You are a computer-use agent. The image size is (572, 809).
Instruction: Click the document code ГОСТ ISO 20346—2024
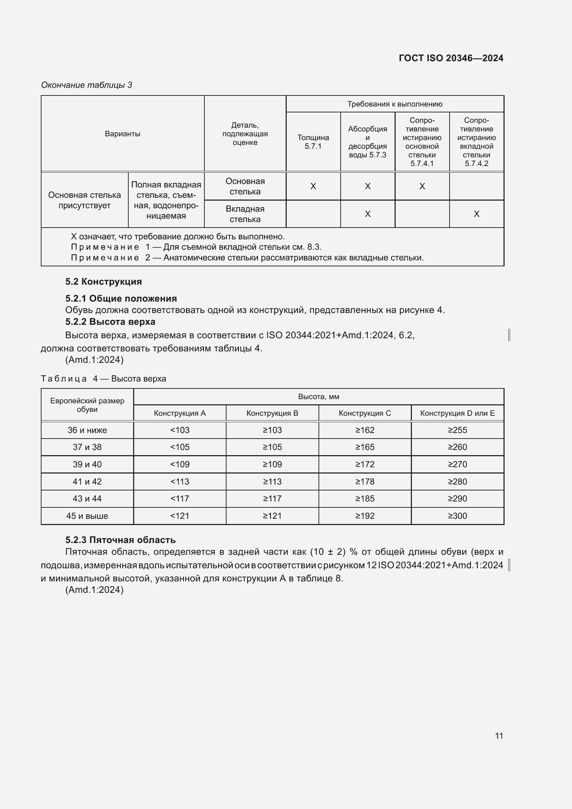tap(451, 58)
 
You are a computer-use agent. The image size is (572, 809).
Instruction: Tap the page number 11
tap(499, 736)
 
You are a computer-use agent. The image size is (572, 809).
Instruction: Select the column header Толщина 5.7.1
tap(313, 142)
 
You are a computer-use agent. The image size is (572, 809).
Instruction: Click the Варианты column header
tap(122, 134)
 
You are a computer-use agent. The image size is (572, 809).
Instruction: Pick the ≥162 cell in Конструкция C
tap(365, 430)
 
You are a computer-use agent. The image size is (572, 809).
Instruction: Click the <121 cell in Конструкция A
tap(179, 516)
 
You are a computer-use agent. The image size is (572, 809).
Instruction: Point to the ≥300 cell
tap(457, 516)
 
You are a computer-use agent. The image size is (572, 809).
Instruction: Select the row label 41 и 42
tap(87, 481)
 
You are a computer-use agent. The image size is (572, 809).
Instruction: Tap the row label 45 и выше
tap(87, 516)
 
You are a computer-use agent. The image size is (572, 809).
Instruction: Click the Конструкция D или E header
tap(457, 413)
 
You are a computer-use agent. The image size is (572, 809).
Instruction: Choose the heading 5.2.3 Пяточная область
tap(120, 540)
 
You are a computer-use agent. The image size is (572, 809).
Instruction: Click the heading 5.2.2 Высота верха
tap(110, 322)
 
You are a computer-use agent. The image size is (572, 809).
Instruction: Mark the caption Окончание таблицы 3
tap(86, 85)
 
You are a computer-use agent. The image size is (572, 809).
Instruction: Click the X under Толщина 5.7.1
tap(313, 186)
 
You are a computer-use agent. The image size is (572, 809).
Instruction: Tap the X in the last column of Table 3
tap(476, 214)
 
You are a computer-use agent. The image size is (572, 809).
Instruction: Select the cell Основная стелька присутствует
tap(84, 200)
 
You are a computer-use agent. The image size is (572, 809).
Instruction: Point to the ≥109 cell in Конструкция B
tap(272, 465)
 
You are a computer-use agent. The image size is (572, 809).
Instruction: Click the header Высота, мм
tap(319, 397)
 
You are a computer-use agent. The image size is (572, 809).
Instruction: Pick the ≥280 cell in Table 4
tap(457, 481)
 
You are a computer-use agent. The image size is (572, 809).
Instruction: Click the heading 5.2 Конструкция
tap(103, 282)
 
